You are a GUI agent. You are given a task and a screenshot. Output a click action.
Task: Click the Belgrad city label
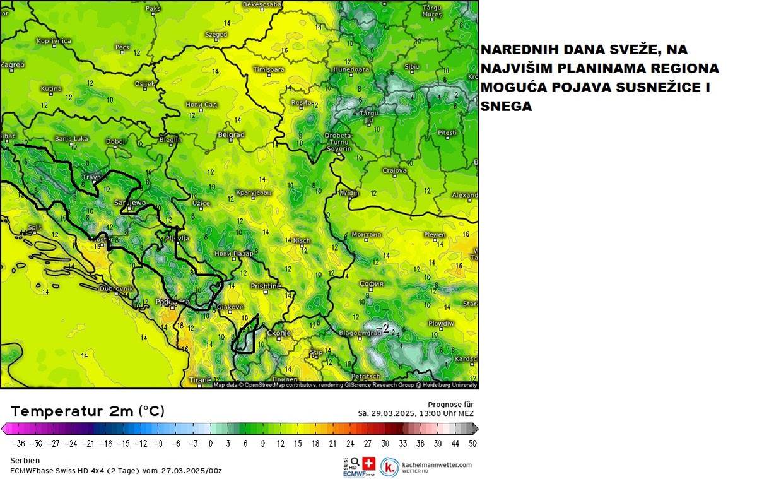(230, 135)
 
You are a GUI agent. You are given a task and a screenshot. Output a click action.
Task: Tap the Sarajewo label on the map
(129, 203)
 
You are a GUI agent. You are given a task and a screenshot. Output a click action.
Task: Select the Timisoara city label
(268, 69)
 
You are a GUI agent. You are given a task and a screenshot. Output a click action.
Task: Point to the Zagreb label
(13, 64)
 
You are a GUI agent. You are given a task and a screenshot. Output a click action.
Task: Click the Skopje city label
(278, 333)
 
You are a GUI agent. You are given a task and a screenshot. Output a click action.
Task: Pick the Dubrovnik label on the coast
(117, 288)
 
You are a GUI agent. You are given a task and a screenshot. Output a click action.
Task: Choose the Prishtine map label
(266, 286)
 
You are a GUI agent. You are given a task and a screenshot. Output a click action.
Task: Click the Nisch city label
(302, 240)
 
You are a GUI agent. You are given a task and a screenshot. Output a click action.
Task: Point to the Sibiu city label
(412, 66)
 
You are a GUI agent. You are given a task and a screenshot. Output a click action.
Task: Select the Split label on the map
(35, 227)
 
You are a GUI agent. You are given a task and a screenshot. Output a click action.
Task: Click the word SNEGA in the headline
(506, 107)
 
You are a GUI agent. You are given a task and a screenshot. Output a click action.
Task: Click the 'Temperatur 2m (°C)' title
(88, 411)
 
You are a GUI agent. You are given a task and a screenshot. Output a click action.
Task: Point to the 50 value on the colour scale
(472, 443)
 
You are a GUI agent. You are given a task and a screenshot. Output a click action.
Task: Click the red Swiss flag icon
(369, 463)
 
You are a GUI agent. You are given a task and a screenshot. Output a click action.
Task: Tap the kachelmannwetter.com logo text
(437, 464)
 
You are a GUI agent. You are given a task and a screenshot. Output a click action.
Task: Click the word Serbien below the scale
(25, 461)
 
